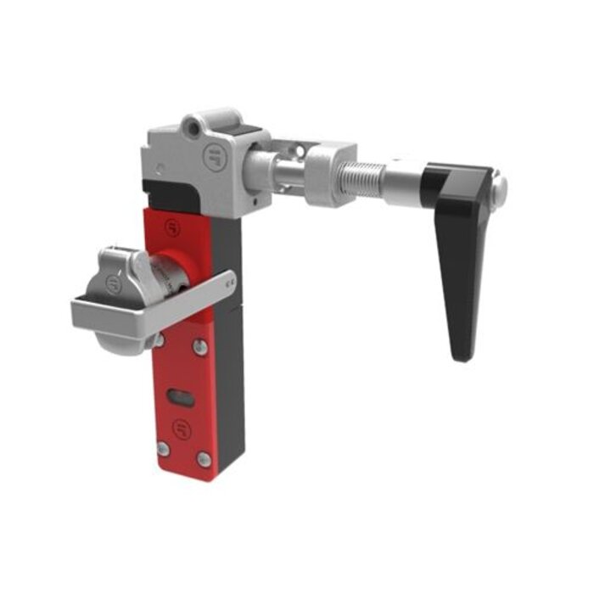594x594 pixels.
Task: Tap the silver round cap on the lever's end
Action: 501,186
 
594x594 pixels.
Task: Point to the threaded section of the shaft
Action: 365,177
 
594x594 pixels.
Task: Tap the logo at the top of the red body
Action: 173,227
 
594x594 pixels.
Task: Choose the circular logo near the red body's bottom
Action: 179,426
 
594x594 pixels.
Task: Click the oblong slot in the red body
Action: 179,395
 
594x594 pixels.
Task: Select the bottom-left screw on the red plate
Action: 164,448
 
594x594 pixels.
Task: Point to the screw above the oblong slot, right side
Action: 199,345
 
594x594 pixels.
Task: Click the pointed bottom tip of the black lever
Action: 461,356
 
